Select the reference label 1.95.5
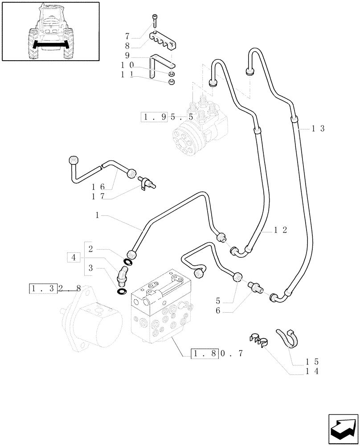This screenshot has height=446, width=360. pyautogui.click(x=167, y=117)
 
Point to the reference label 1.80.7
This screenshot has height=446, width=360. pyautogui.click(x=217, y=354)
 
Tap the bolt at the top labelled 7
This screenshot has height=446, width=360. pyautogui.click(x=154, y=21)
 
